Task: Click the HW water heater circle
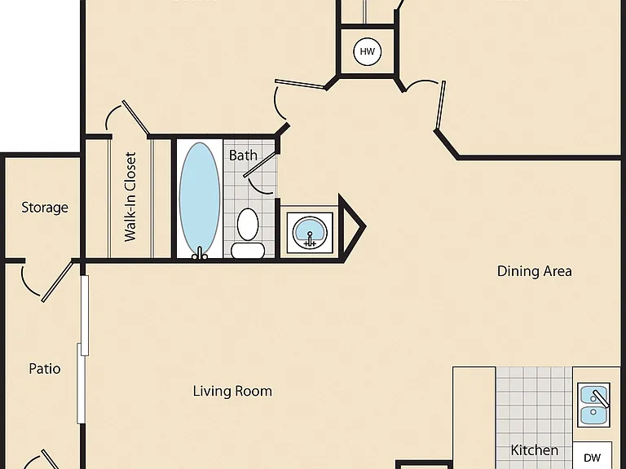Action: [368, 51]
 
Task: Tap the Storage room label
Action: [45, 208]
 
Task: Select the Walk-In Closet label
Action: [130, 196]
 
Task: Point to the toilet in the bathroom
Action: [248, 233]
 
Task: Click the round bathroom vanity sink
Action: [310, 233]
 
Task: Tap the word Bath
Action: [243, 156]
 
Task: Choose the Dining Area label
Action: [534, 271]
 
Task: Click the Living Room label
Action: [232, 391]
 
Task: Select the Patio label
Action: [45, 369]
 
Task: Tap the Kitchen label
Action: [535, 450]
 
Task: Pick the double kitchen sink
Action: [593, 405]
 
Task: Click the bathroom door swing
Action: [260, 173]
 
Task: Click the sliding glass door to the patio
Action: [83, 349]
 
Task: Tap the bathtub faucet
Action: [200, 253]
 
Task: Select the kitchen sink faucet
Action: [601, 399]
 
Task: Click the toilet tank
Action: [248, 251]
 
